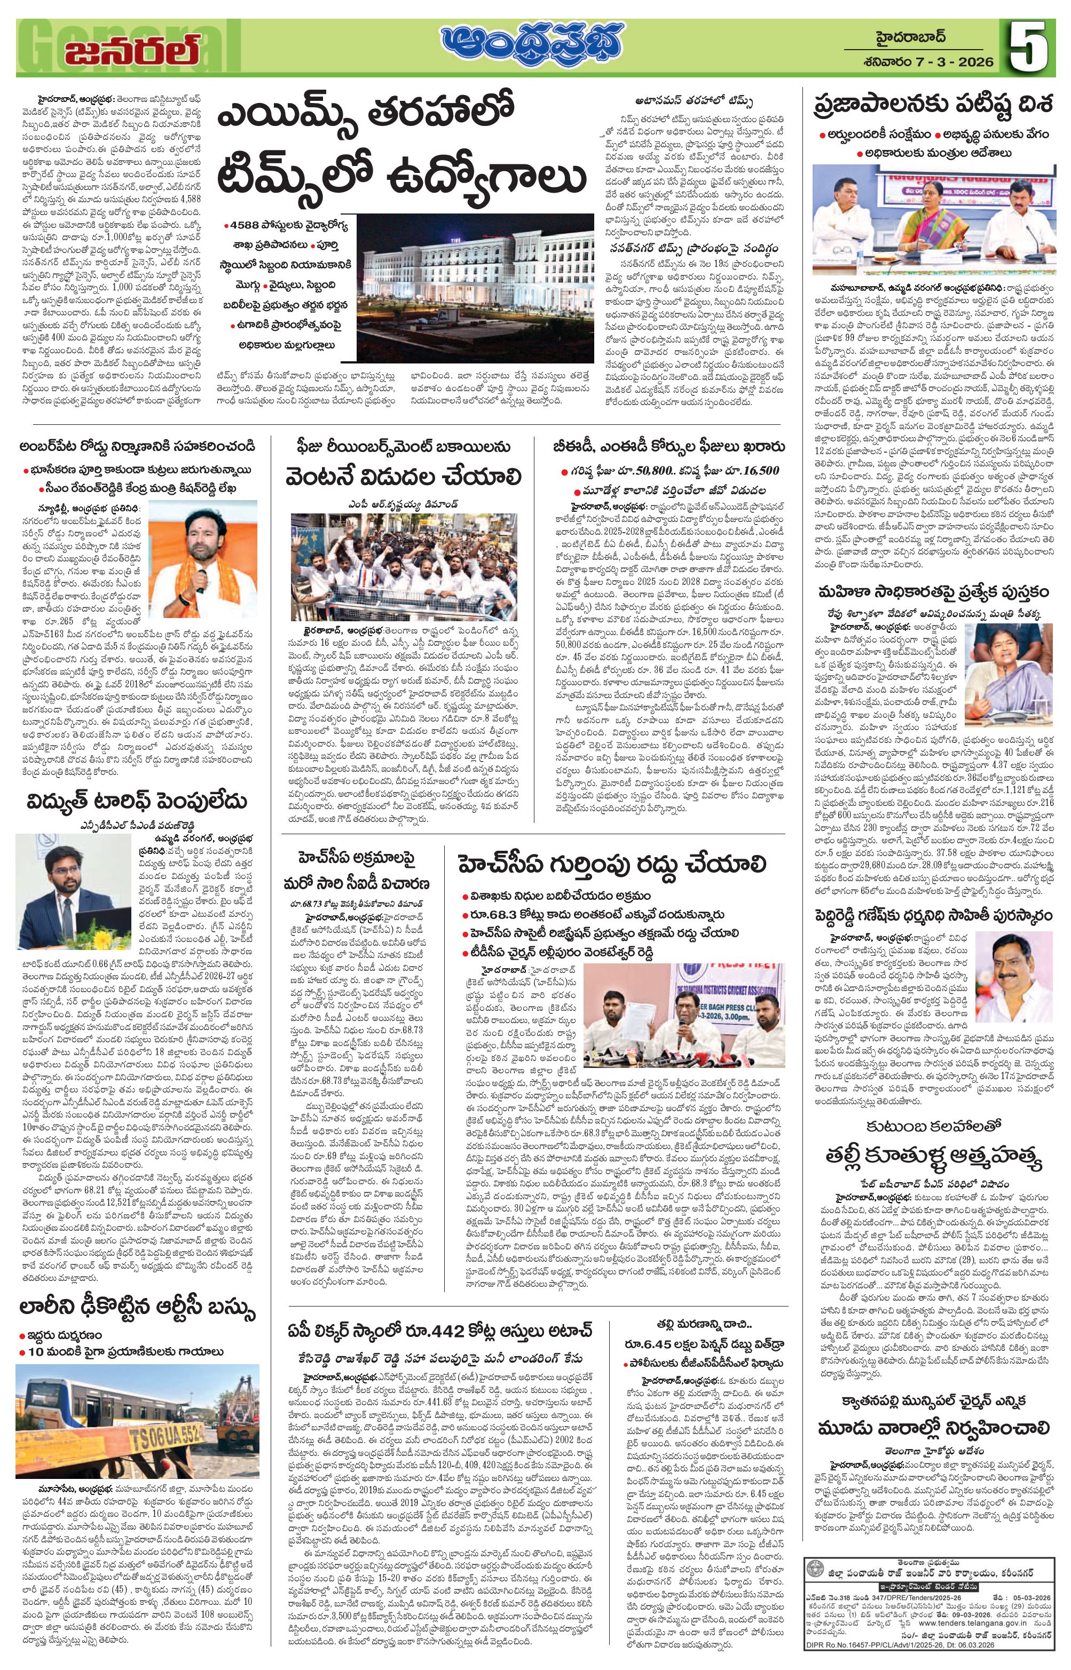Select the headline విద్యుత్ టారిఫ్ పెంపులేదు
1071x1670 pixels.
tap(137, 802)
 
